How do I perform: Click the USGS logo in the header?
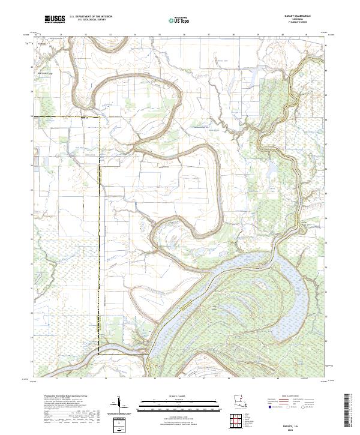54,20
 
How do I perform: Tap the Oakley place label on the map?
41,43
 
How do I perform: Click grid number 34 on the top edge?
134,35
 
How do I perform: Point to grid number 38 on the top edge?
233,35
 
